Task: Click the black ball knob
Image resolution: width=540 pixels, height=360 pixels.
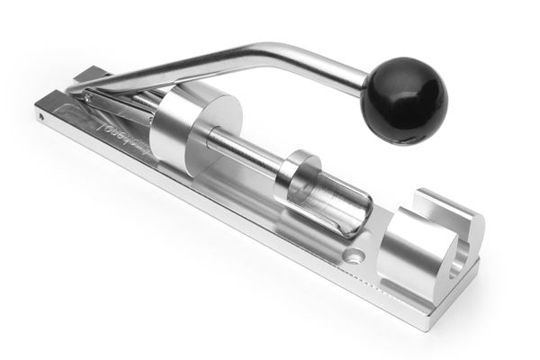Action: point(403,100)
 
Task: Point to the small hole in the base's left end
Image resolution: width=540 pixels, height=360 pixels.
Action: point(40,116)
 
